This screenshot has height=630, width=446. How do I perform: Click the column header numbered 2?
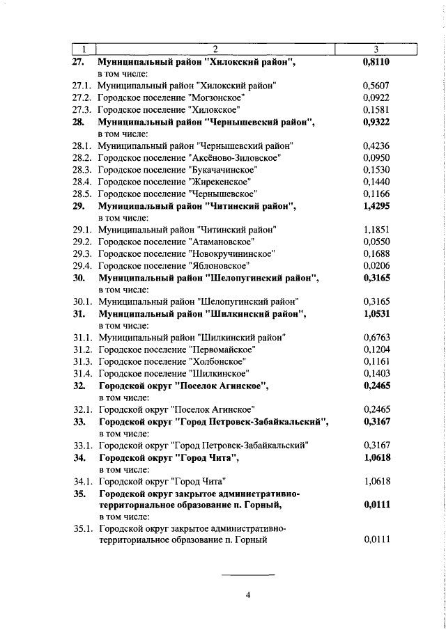(x=215, y=49)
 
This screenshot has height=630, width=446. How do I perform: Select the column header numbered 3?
(x=376, y=49)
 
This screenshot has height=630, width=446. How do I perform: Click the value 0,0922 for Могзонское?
(x=376, y=97)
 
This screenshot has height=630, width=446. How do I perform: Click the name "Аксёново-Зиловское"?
(x=235, y=158)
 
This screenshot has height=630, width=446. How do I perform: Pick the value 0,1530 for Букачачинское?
(x=376, y=170)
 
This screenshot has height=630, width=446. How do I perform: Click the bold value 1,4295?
(x=376, y=206)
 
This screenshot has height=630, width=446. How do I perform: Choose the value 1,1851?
(x=376, y=230)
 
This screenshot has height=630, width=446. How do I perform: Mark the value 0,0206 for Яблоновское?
(x=376, y=265)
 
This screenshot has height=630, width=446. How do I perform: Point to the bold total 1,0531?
(x=376, y=313)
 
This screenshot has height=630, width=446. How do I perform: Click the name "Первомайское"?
(x=222, y=349)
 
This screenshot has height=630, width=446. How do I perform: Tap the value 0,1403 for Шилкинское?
(x=376, y=373)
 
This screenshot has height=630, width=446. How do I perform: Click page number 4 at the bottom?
(x=247, y=594)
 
